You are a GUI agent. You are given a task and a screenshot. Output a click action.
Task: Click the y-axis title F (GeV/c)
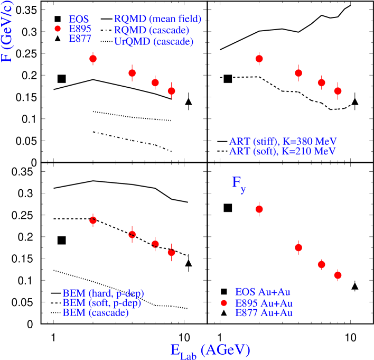(x=7, y=31)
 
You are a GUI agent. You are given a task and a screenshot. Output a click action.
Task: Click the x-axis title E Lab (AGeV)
(x=210, y=350)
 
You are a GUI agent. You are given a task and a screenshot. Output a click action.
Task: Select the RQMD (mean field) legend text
(x=157, y=19)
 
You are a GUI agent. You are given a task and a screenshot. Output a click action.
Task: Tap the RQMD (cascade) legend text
(x=152, y=30)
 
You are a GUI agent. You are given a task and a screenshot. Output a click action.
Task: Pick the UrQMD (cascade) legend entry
(x=153, y=41)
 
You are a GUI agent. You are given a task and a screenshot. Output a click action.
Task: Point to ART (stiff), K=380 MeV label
(x=283, y=142)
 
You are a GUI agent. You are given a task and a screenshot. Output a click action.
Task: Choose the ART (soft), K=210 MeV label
(x=282, y=152)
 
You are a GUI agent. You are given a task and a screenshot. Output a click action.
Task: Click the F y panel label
(x=238, y=183)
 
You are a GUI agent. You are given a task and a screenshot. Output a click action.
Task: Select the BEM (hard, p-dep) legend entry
(x=103, y=293)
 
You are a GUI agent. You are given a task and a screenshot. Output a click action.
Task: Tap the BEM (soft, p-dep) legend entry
(x=101, y=303)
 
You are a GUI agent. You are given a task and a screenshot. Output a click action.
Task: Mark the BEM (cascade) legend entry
(x=95, y=312)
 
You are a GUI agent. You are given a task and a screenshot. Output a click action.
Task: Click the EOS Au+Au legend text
(x=263, y=292)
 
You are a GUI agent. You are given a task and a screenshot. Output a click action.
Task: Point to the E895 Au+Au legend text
(x=264, y=303)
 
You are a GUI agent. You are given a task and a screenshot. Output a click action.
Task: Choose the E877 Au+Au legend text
(x=264, y=313)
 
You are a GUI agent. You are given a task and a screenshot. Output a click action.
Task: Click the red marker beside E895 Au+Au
(x=224, y=303)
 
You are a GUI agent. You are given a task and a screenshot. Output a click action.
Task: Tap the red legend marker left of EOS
(x=58, y=29)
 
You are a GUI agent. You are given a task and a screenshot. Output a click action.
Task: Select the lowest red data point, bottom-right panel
(x=338, y=275)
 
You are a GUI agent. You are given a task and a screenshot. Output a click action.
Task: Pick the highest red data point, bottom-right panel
(x=259, y=209)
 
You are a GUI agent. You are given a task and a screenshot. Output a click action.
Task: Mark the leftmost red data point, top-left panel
(x=93, y=59)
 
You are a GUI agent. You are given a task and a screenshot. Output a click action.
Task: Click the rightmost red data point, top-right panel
(x=338, y=91)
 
